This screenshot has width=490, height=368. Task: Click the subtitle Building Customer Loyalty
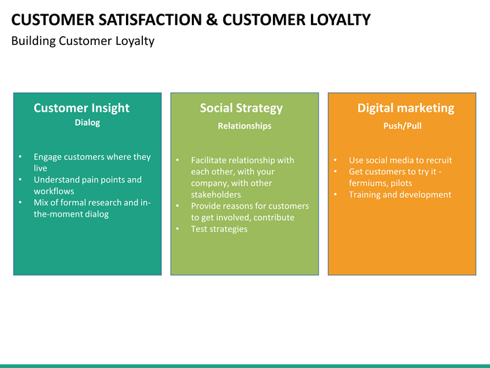pos(82,41)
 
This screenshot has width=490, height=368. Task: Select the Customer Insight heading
pos(82,108)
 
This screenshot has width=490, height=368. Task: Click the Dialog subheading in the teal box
pos(87,123)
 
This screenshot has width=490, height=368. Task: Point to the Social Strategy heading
pos(241,108)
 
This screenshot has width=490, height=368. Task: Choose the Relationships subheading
pos(244,126)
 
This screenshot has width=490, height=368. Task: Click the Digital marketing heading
pos(406,108)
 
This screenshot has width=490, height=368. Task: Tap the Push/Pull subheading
pos(402,126)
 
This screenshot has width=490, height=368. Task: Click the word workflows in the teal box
pos(54,191)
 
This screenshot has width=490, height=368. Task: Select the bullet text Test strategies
pos(219,229)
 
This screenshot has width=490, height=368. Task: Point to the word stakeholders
pos(216,195)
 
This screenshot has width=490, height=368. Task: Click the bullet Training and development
pos(399,195)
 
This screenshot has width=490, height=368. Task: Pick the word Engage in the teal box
pos(48,157)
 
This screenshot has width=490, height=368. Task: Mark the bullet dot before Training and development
pos(336,195)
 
